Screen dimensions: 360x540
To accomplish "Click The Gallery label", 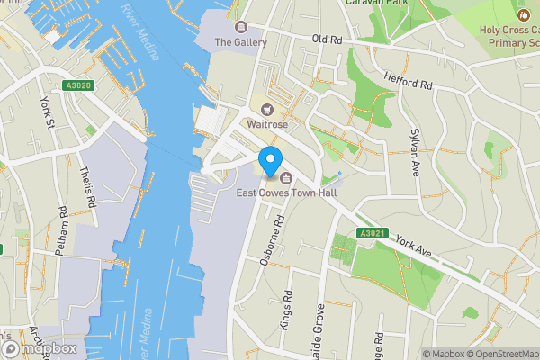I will point(241,42).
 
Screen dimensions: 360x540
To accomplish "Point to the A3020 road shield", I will point(78,85).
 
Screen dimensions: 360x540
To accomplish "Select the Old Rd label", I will point(329,40).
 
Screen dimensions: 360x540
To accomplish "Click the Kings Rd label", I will point(287,310).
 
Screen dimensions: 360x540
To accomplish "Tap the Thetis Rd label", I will point(88,187).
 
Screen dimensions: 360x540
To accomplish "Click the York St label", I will point(44,111).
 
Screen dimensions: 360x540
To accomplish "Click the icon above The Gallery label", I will point(240,27).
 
